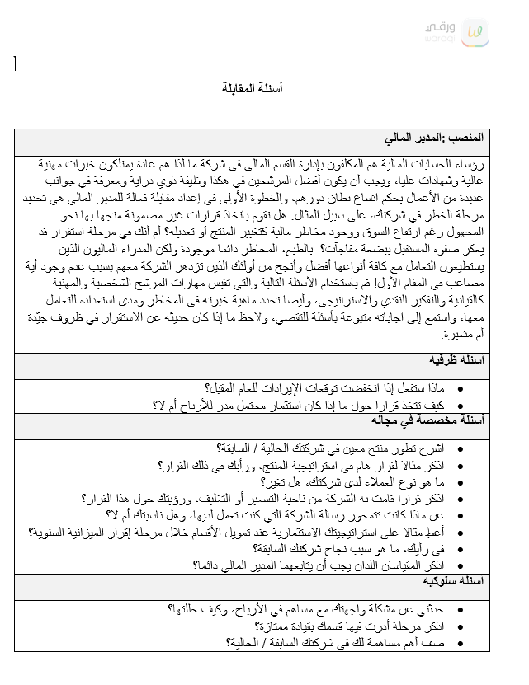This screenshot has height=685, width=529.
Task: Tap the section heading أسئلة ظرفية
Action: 456,361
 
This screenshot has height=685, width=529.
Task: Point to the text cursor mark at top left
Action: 15,63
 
